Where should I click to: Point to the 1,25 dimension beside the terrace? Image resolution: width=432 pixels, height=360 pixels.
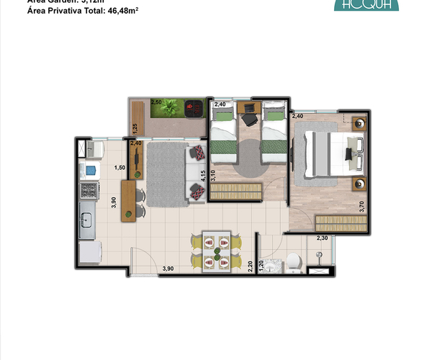coord(134,129)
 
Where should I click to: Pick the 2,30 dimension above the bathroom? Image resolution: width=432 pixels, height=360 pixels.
coord(323,238)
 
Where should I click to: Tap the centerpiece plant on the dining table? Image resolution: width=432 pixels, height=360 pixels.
coord(217,252)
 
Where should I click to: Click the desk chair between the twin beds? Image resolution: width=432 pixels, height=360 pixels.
coord(250,120)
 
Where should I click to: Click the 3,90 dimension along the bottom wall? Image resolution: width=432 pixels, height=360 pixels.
coord(168,269)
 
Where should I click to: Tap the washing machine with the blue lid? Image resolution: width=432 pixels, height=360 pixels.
coord(91,171)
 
